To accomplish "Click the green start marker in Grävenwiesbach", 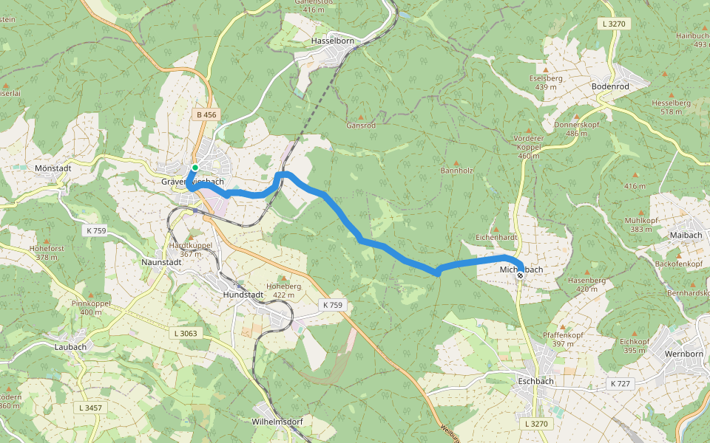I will (195, 168).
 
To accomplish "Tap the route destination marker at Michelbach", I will (520, 275).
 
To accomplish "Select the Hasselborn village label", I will (334, 41).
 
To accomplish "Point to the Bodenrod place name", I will (610, 86).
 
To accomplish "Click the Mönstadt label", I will (53, 168).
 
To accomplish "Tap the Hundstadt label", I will (243, 294).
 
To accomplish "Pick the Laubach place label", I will (70, 346).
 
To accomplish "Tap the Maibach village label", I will (685, 235).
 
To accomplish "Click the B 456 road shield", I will (207, 114).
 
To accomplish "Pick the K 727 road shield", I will (621, 384).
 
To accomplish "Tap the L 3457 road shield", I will (91, 408).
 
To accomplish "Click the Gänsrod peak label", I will (361, 126).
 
